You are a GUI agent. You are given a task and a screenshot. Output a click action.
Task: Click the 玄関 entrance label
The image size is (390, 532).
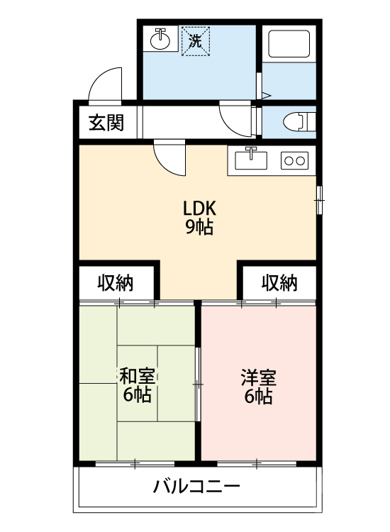tap(106, 123)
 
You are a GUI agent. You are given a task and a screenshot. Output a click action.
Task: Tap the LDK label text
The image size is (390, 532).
tap(199, 209)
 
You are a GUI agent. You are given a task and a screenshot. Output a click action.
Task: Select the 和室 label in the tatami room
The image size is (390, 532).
tap(138, 376)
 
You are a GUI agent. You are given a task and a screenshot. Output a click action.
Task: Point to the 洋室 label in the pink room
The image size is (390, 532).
tap(259, 377)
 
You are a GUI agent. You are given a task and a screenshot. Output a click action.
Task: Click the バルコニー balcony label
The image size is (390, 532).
tap(196, 487)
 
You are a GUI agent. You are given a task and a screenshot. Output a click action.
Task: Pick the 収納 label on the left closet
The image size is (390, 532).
tap(116, 282)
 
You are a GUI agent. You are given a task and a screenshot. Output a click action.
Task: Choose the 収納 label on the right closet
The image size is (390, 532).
tap(279, 282)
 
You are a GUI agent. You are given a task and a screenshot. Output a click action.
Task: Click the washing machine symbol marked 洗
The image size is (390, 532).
tap(196, 41)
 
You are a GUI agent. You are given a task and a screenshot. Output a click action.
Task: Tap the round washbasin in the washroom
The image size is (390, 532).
tap(160, 40)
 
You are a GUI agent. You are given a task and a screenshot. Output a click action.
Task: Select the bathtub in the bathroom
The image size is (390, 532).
tap(289, 44)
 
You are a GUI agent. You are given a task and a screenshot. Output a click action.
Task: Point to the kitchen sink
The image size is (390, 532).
tap(251, 160)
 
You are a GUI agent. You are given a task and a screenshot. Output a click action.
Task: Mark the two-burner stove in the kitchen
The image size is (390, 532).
tap(294, 160)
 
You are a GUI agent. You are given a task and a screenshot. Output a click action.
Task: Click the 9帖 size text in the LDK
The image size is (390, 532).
tap(199, 227)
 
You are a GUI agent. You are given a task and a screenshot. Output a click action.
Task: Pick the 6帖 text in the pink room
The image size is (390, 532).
tap(258, 396)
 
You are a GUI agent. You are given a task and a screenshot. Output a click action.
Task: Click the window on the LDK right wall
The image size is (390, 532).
tap(319, 200)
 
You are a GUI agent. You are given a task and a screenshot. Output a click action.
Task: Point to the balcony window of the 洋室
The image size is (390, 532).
tap(257, 463)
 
